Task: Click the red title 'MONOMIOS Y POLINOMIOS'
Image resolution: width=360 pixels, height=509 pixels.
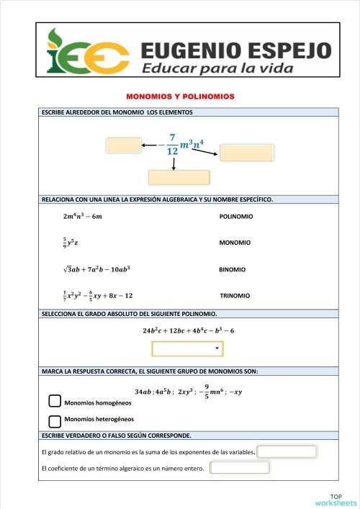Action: [x=181, y=96]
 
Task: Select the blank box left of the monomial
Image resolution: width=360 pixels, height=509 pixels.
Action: [x=124, y=145]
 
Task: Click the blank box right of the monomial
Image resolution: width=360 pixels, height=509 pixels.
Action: [x=246, y=153]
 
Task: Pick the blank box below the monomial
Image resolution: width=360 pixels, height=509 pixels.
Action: [x=179, y=177]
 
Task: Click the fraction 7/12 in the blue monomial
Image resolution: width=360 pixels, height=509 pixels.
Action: [x=172, y=144]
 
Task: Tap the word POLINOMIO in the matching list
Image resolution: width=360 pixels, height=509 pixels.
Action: [x=235, y=216]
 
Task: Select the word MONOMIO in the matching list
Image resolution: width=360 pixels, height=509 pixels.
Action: [x=235, y=243]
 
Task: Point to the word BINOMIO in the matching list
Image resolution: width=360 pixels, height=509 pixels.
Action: [x=232, y=269]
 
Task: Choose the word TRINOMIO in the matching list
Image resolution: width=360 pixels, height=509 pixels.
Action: [x=235, y=296]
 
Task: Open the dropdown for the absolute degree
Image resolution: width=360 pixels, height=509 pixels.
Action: [x=187, y=348]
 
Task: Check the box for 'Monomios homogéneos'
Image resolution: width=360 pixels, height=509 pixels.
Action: [x=55, y=402]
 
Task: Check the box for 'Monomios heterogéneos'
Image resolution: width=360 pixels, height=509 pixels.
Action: [x=55, y=421]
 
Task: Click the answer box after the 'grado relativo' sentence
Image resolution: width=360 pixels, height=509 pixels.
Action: [x=287, y=452]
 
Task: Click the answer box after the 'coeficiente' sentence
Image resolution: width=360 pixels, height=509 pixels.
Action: [x=239, y=467]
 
